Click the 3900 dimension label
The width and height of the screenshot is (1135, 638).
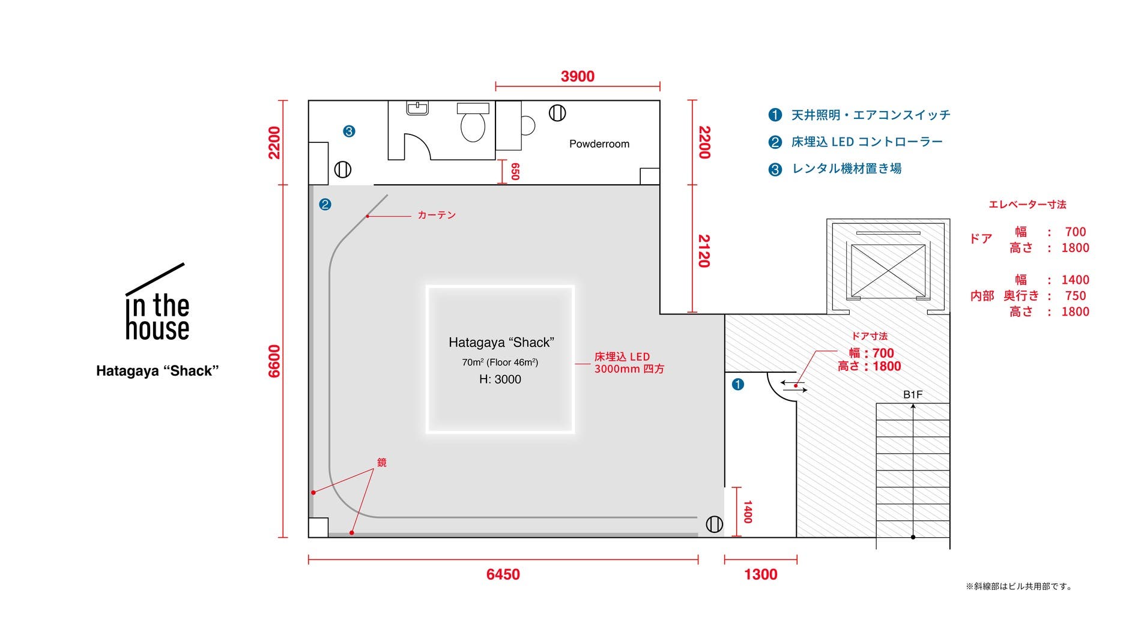[x=577, y=77]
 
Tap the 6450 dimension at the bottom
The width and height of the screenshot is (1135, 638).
[x=503, y=574]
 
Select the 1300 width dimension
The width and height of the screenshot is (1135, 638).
[x=760, y=574]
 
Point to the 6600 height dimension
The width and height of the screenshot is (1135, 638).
[x=274, y=361]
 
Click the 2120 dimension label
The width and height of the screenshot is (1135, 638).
[x=704, y=250]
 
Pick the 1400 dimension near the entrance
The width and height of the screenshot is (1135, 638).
[x=748, y=512]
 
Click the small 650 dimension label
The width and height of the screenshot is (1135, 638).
[x=515, y=172]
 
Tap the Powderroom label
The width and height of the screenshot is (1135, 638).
[x=599, y=144]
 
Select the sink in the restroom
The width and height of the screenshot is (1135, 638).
[x=417, y=108]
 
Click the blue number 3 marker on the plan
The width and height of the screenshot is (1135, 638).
[x=349, y=131]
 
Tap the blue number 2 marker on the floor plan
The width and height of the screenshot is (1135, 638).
[x=325, y=205]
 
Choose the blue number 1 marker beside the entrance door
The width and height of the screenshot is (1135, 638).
[x=738, y=384]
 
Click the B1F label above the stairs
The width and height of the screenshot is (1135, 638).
[x=912, y=394]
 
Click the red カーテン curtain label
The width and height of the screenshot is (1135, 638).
[x=437, y=215]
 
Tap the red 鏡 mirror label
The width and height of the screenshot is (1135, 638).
[x=382, y=462]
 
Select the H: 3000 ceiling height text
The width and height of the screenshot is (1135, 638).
[x=500, y=379]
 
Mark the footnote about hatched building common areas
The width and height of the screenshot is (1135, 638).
[x=1019, y=586]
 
